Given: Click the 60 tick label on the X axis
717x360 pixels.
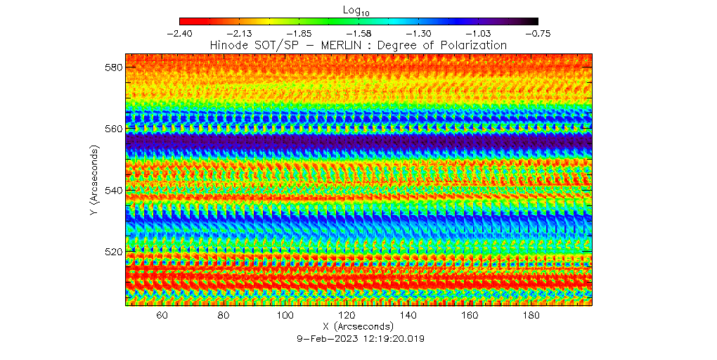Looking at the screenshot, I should pos(162,316).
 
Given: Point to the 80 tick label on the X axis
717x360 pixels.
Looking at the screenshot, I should pos(224,316).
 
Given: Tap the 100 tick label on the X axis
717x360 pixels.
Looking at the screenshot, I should pos(285,316).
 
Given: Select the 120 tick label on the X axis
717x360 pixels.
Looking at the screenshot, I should pos(347,316).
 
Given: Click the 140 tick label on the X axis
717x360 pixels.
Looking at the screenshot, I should pos(408,316).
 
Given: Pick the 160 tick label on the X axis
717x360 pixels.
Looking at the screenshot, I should pos(470,316).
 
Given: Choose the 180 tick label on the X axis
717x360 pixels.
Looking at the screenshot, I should pos(531,316).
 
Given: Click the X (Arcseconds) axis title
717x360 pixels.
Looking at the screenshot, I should pos(358,327).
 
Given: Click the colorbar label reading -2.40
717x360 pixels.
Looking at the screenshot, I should pos(180,33).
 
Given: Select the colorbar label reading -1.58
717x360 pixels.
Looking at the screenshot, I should pos(358,33).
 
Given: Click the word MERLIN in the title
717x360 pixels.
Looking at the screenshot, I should pos(336,45).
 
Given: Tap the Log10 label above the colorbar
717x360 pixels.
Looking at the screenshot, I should pos(358,9).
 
